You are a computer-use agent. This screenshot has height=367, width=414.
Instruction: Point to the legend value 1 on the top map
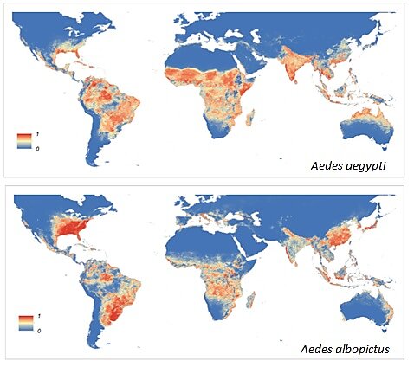[36, 131]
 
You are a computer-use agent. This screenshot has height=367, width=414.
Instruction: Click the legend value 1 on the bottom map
[36, 315]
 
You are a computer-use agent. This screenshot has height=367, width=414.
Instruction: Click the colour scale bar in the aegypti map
[24, 138]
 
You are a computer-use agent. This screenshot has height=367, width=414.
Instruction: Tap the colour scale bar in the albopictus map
[24, 323]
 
